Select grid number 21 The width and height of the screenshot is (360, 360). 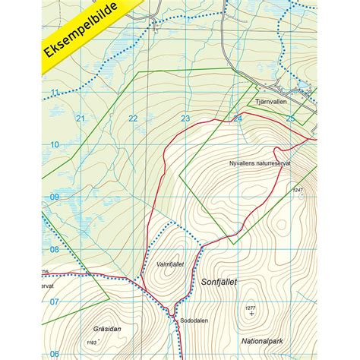point(81,118)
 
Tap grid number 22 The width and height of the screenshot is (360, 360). point(133,118)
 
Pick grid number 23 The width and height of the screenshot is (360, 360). point(185,118)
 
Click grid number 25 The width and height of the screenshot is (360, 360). point(289,118)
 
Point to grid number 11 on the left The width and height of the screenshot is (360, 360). point(54,93)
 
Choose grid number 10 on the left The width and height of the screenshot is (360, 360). point(54,144)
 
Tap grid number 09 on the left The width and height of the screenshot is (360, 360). point(54,197)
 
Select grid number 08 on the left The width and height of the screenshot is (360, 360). point(54,249)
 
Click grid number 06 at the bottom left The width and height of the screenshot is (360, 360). point(54,353)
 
